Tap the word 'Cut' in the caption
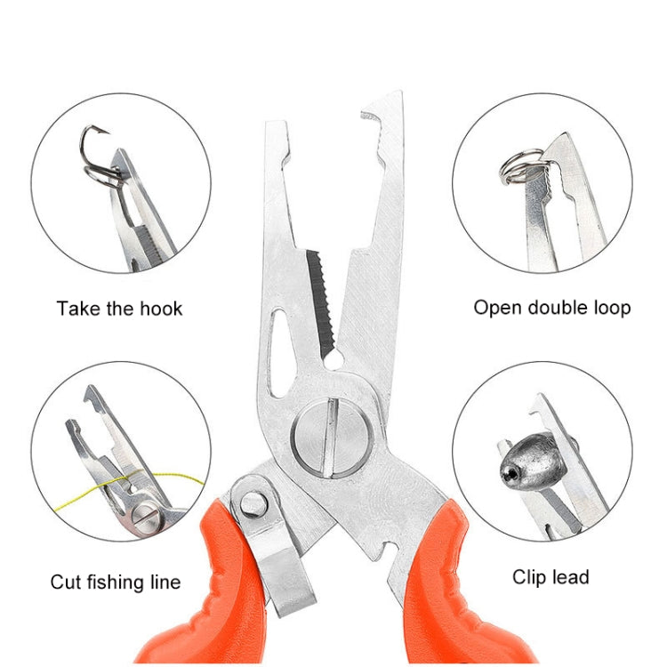coord(66,583)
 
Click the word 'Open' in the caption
coord(495,309)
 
